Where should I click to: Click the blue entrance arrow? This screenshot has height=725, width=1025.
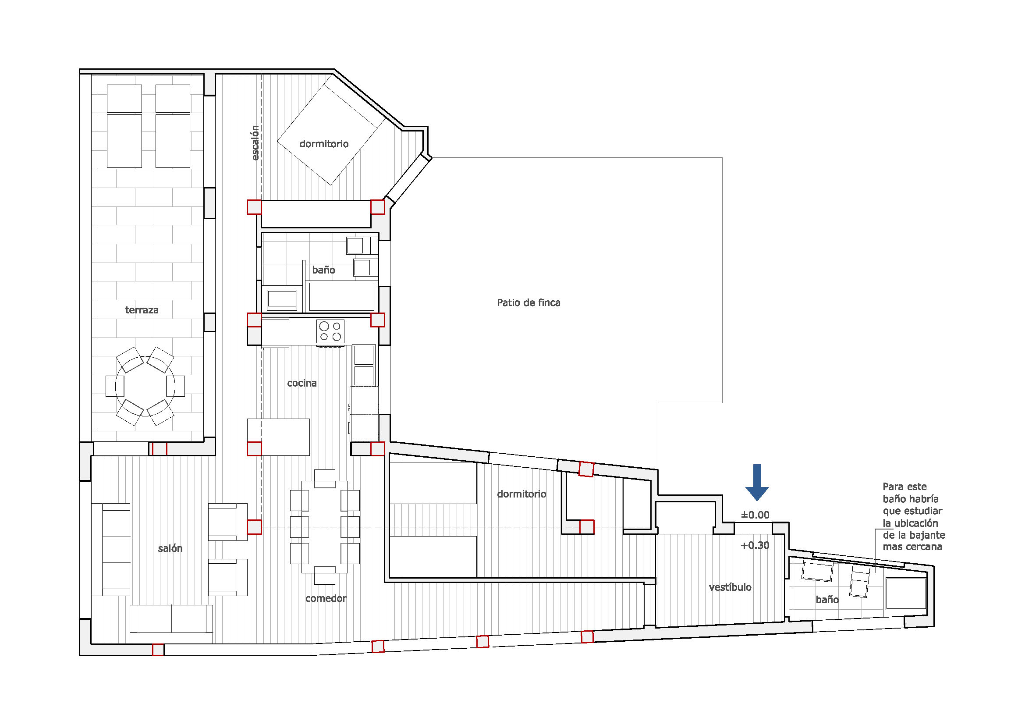(x=757, y=482)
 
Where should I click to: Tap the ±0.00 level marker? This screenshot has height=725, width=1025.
(x=755, y=515)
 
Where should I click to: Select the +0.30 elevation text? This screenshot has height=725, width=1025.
(x=755, y=545)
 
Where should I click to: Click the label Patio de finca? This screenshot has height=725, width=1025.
(x=528, y=303)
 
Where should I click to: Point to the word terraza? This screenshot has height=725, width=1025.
(x=142, y=310)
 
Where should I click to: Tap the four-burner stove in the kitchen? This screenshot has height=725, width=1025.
(x=330, y=332)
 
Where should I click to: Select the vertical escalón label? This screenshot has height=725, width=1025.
(x=255, y=143)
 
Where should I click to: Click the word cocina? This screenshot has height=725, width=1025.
(x=302, y=383)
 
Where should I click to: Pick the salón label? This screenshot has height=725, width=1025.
(x=170, y=548)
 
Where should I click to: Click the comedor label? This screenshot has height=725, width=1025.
(x=326, y=598)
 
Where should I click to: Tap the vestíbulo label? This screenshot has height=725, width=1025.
(x=730, y=587)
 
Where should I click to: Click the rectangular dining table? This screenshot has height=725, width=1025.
(x=325, y=527)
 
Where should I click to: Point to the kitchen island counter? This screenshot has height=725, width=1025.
(x=279, y=437)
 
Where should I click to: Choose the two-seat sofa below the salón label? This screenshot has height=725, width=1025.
(x=171, y=619)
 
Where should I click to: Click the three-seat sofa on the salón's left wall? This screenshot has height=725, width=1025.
(x=111, y=550)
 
